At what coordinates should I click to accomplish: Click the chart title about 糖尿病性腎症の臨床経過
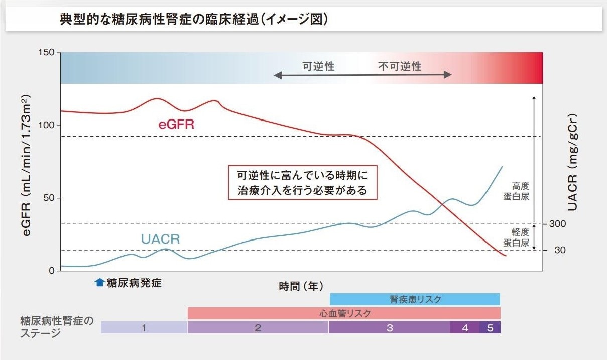[194, 20]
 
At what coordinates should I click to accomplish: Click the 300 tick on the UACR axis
[557, 224]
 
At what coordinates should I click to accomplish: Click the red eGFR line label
[176, 125]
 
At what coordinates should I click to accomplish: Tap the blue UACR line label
[160, 239]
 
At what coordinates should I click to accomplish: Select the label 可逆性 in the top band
[318, 66]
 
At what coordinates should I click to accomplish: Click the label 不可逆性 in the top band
[400, 66]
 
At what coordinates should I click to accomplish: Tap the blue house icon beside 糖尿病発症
[99, 282]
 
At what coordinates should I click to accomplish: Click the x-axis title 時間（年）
[301, 286]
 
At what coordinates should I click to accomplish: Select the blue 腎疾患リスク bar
[415, 300]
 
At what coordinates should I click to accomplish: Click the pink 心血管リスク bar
[344, 314]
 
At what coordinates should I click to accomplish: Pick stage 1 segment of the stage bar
[144, 328]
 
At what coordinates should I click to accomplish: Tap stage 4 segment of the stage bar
[465, 328]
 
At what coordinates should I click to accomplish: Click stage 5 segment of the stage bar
[490, 328]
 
